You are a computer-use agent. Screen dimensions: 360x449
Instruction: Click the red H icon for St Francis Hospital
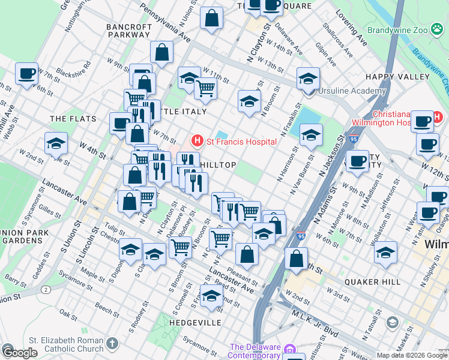point(196,142)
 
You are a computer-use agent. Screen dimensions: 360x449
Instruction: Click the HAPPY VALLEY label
point(397,77)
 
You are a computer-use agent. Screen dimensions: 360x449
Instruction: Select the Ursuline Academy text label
point(352,91)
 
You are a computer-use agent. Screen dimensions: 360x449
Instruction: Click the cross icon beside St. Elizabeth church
point(113,344)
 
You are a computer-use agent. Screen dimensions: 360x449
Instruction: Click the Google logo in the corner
point(20,353)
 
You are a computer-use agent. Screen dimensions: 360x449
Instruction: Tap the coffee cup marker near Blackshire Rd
point(26,74)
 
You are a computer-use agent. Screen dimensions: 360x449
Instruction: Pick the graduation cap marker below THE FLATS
point(56,143)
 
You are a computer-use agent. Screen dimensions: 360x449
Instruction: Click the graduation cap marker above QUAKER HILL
point(385,251)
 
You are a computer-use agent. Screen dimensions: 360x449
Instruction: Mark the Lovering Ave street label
point(352,28)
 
